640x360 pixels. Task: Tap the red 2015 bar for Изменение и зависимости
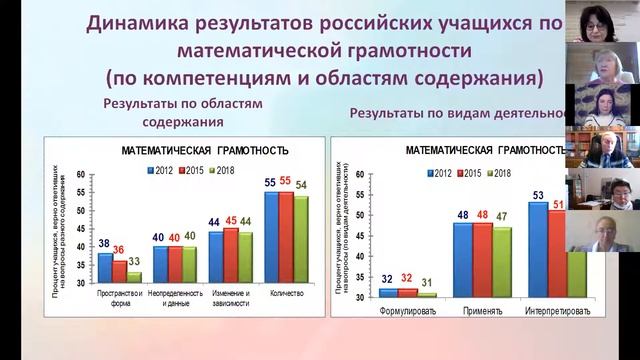231,255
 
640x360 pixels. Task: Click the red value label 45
231,221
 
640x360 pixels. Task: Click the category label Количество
285,296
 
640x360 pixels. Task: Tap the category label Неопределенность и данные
175,300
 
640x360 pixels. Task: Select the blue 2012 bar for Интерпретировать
537,250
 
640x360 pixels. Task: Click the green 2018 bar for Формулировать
428,295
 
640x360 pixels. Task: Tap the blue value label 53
537,195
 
